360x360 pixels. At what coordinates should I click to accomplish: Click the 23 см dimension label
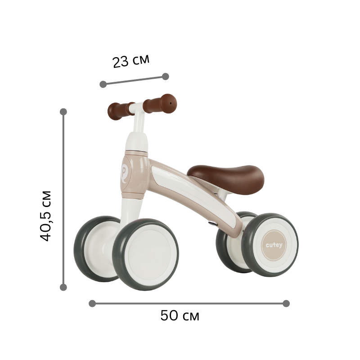click(131, 61)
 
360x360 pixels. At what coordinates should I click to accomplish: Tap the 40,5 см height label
click(45, 216)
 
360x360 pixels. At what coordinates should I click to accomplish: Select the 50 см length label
click(180, 315)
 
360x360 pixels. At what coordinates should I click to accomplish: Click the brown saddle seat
click(225, 179)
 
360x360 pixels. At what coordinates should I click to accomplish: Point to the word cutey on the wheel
click(274, 245)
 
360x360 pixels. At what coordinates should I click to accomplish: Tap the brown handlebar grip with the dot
click(160, 103)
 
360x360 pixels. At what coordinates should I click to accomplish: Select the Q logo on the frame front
click(124, 173)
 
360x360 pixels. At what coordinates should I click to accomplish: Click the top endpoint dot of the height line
click(63, 112)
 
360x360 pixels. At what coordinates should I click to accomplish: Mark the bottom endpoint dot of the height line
click(63, 287)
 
